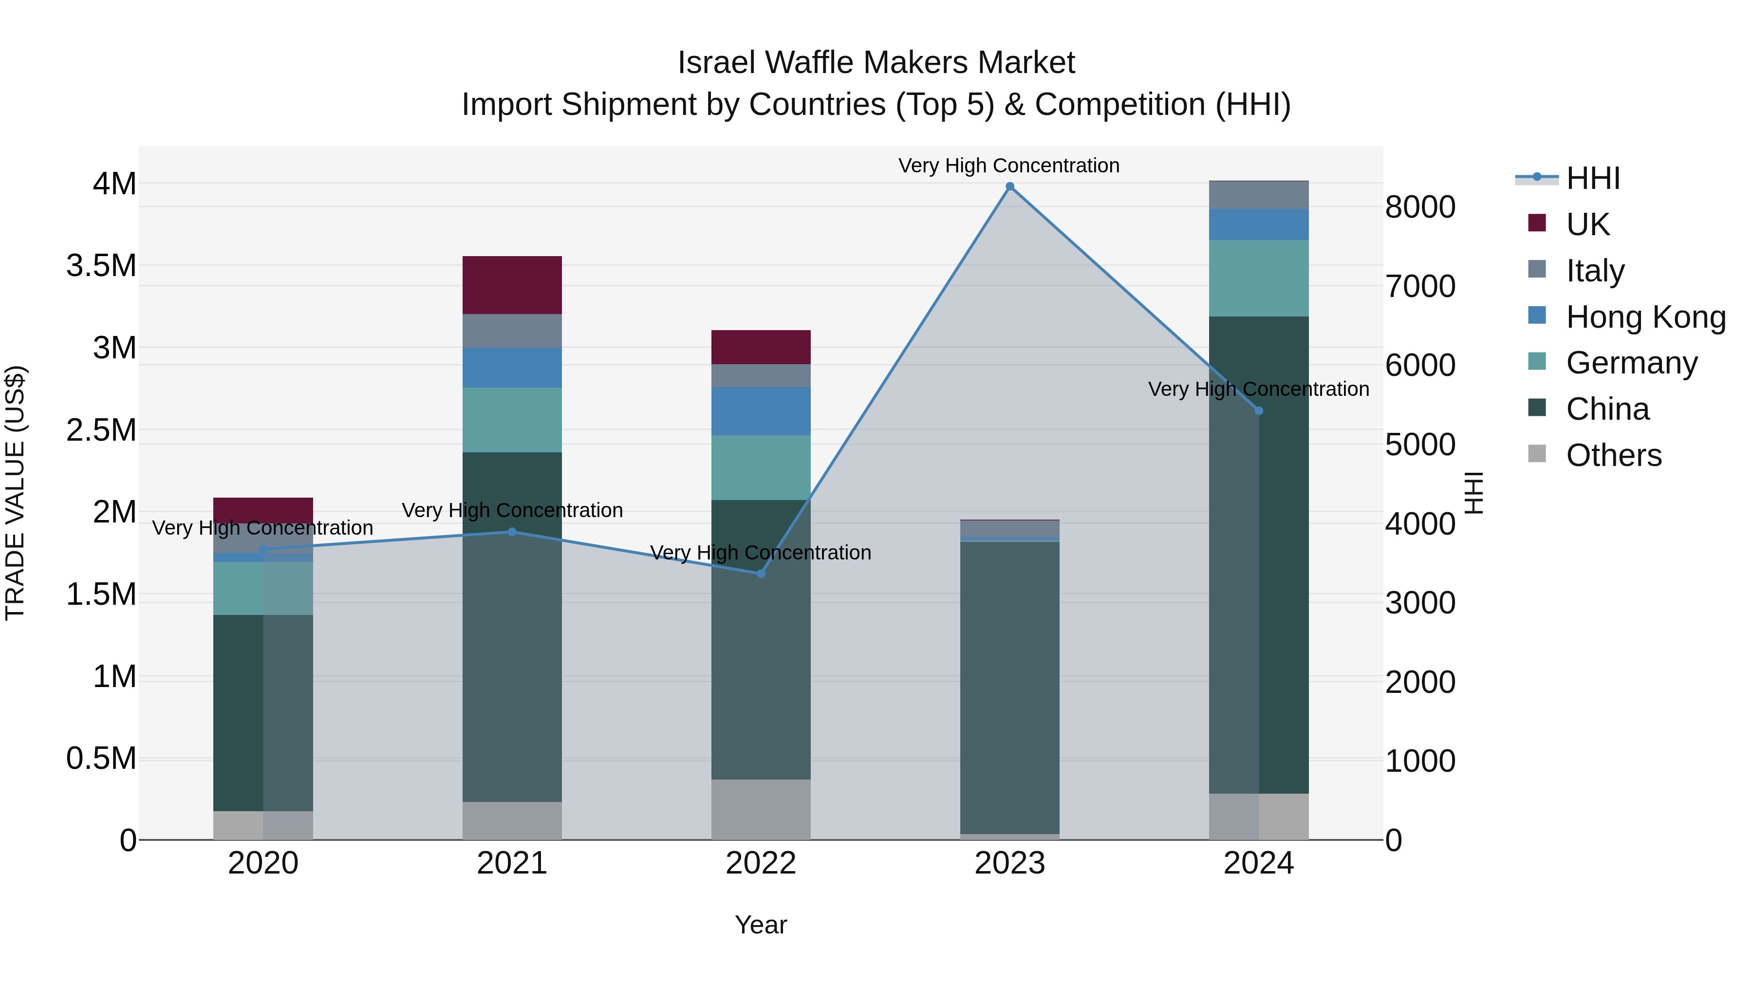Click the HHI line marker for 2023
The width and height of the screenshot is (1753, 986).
click(1010, 186)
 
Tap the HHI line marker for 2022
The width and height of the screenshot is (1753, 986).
click(761, 574)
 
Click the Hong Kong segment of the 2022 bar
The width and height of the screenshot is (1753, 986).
click(761, 411)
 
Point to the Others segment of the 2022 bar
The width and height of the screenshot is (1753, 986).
click(761, 809)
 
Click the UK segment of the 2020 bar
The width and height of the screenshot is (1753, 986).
click(263, 510)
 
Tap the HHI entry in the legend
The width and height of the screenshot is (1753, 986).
click(1592, 178)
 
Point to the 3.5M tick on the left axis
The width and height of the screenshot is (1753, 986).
click(101, 266)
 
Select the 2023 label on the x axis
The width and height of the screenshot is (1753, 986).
click(1010, 863)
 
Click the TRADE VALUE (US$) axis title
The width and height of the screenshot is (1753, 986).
click(15, 493)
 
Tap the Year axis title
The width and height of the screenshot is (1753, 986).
click(761, 925)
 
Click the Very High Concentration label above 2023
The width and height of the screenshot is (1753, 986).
click(1008, 166)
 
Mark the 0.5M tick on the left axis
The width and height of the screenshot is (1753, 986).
click(101, 759)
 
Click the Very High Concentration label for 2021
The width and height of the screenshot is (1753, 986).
click(512, 510)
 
